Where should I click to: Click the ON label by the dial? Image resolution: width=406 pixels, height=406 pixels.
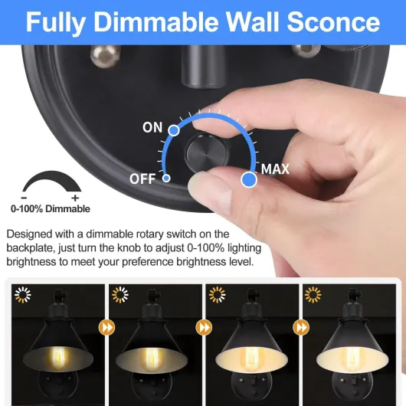pyautogui.click(x=152, y=127)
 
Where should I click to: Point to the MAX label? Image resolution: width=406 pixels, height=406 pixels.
pyautogui.click(x=276, y=169)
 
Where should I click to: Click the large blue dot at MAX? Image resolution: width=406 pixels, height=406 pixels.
pyautogui.click(x=249, y=180)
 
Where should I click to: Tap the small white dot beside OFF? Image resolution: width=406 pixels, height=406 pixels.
pyautogui.click(x=166, y=178)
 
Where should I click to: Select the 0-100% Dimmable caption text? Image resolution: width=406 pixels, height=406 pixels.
pyautogui.click(x=51, y=208)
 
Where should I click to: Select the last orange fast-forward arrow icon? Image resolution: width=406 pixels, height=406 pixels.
pyautogui.click(x=301, y=328)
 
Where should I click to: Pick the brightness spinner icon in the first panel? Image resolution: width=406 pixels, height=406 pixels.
pyautogui.click(x=22, y=294)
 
